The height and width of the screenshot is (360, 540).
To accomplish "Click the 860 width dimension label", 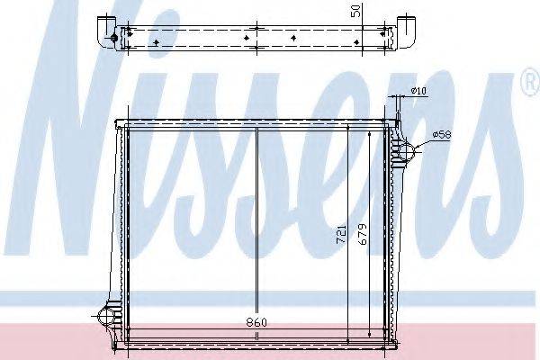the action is point(256,323).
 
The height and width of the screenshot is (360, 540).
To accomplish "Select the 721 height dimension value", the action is point(341,234).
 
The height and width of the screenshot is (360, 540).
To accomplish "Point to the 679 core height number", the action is point(363,234).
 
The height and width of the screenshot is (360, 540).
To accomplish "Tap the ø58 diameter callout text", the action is point(442,135).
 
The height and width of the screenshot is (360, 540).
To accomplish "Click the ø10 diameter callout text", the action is point(418,91).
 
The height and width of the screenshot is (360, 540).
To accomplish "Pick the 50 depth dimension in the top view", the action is point(356,11).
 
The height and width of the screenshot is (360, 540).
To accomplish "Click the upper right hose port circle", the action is point(408,151).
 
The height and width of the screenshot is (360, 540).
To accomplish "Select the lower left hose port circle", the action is point(107,316).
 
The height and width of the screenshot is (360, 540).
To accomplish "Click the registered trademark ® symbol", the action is point(532,81).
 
